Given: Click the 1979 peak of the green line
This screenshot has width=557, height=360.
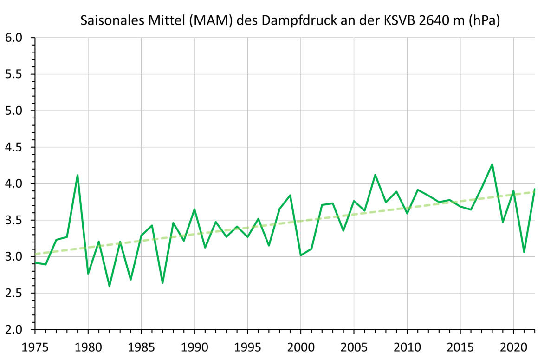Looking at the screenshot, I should (x=78, y=175).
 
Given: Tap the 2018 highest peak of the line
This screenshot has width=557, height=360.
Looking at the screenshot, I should (x=492, y=164).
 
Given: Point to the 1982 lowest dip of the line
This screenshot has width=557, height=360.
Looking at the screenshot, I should (x=110, y=286).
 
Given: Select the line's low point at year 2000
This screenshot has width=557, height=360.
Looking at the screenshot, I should (x=301, y=255).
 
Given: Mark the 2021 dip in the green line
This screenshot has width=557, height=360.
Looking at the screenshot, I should (x=524, y=252).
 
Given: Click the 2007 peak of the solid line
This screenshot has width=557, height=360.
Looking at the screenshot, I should (x=375, y=175).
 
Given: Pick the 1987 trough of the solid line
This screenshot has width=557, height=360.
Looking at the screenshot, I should (x=162, y=283).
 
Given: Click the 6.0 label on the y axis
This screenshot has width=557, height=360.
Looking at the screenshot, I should (x=13, y=38).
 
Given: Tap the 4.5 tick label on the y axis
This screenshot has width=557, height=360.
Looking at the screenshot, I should (x=13, y=147).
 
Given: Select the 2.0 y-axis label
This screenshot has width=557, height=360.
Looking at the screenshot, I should (x=13, y=330).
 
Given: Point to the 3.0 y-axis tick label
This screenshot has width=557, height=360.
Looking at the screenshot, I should (x=13, y=257).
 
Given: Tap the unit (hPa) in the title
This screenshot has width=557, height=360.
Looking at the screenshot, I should (x=484, y=21).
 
